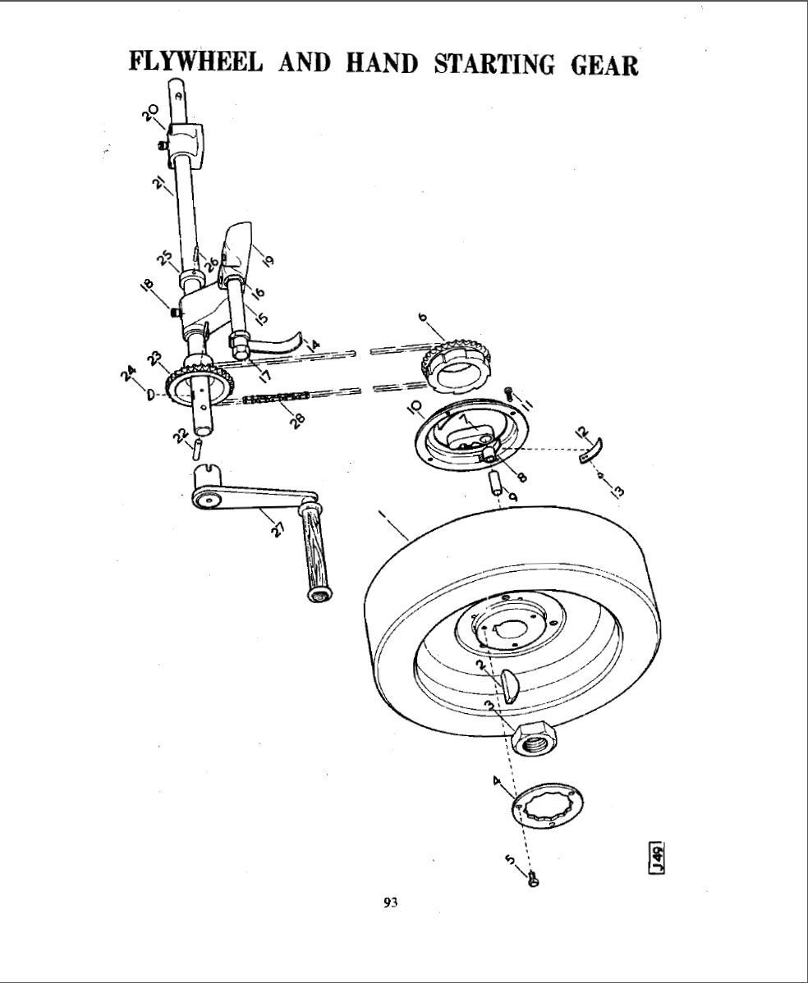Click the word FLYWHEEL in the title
point(196,63)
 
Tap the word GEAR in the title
point(604,65)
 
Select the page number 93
point(391,903)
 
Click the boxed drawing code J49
point(657,858)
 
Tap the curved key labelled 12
point(591,452)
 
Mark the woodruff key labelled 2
point(511,685)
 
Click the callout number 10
point(415,406)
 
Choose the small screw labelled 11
point(510,395)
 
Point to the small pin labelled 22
point(198,448)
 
